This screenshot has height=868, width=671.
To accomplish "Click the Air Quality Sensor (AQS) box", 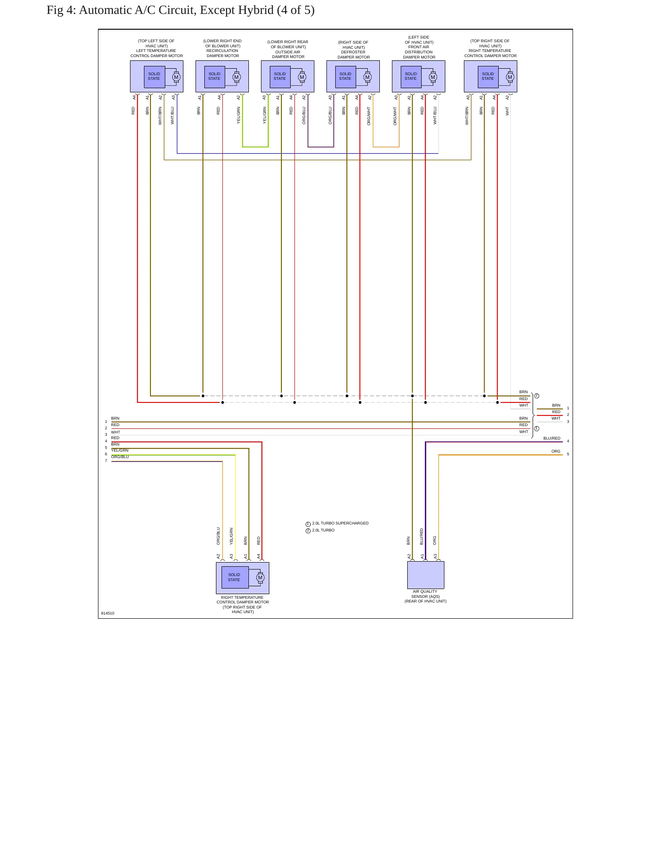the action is pos(425,575).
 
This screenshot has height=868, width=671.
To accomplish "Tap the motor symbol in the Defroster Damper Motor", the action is pos(367,77).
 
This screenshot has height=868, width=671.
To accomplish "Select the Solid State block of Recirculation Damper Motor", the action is pos(215,77).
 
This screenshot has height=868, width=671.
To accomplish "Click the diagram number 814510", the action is pos(108,613).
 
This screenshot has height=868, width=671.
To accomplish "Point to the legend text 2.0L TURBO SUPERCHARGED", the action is pos(340,523).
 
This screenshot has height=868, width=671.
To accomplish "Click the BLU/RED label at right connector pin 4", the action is pos(552,438).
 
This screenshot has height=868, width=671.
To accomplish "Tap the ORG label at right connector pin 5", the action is pos(556,451).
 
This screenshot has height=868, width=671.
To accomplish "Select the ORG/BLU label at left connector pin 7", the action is pos(120,457).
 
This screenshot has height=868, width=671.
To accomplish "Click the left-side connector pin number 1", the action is pos(106,421).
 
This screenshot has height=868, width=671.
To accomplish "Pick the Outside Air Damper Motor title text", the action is pos(288,49).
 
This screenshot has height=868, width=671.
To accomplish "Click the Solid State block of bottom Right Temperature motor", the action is pos(235,577).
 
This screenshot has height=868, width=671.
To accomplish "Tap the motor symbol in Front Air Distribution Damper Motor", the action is pos(433,77).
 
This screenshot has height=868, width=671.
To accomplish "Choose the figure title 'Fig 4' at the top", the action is pos(60,10).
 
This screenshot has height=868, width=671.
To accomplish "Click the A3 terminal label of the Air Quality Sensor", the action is pos(435,556).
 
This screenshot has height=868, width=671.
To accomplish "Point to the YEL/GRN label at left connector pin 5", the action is pos(120,450).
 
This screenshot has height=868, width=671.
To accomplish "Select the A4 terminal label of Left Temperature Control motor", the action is pos(134,97).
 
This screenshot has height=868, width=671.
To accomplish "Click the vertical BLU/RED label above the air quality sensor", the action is pos(422,537).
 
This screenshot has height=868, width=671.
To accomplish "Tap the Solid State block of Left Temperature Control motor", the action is pos(154,77).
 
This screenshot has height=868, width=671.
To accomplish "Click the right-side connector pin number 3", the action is pos(568,421).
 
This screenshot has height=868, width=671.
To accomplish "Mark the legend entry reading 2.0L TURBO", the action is pos(323,530).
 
